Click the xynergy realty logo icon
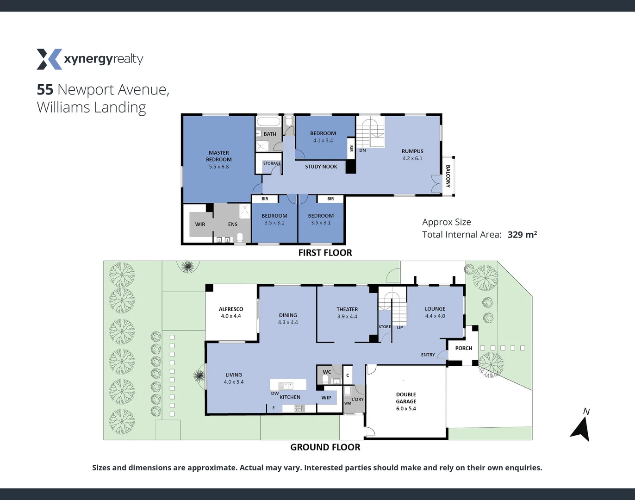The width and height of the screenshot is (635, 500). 49,59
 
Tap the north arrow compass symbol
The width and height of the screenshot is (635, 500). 581,428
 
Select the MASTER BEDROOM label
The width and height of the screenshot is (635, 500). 219,156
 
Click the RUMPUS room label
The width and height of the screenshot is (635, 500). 412,151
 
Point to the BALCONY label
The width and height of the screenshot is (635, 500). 448,176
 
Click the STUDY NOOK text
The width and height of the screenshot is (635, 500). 321,167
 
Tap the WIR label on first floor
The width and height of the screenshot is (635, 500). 200,225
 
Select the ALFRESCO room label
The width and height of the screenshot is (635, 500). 231,309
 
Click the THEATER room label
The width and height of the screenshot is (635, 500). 347,309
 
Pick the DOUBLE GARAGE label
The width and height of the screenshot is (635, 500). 406,398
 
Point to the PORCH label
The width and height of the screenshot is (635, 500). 463,348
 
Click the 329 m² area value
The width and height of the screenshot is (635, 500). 522,235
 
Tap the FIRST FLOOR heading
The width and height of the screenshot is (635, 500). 325,253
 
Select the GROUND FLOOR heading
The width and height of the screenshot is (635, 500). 325,447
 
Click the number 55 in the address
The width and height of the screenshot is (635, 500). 45,89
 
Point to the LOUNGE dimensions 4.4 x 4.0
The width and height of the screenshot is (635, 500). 435,316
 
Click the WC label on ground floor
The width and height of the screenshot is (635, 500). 327,372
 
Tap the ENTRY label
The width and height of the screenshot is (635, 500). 428,355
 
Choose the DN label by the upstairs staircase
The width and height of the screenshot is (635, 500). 362,150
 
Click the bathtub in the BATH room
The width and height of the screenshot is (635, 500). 269,122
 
